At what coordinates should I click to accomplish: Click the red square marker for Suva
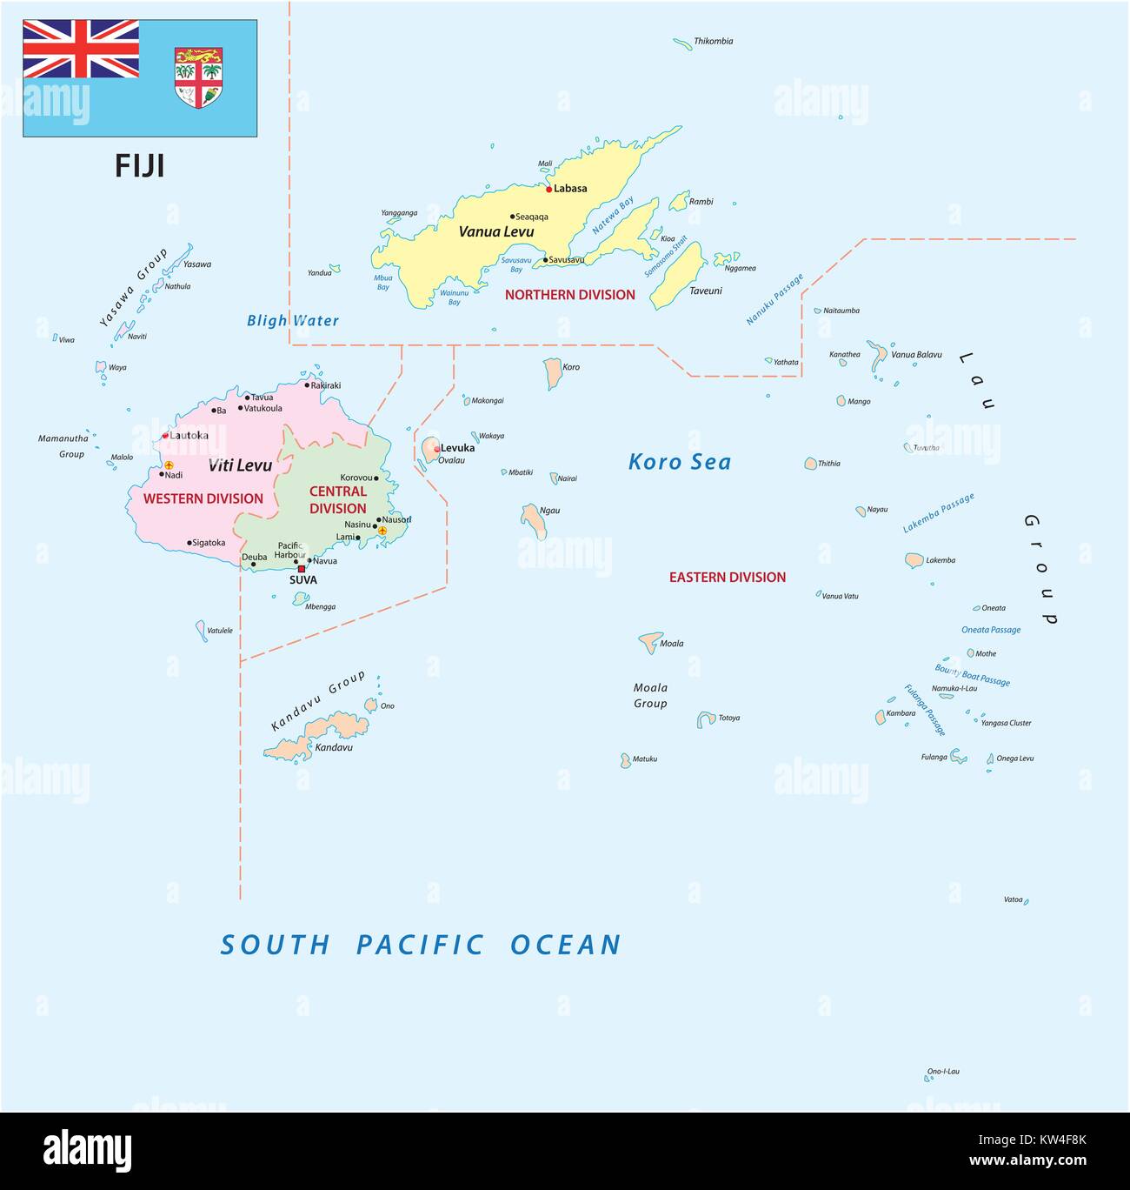(302, 569)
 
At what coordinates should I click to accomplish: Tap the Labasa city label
(570, 188)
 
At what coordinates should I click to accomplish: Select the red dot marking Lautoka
(165, 436)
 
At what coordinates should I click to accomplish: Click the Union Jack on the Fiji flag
(81, 49)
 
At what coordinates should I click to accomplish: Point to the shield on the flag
(198, 77)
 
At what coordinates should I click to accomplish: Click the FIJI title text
(139, 165)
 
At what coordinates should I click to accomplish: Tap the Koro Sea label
(679, 462)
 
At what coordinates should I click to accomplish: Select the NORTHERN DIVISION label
(569, 295)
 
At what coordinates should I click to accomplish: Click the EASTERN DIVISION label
(727, 577)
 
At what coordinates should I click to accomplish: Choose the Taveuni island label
(705, 291)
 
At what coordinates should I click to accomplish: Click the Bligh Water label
(293, 320)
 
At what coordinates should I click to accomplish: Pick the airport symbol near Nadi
(169, 465)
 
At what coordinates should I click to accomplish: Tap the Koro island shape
(553, 373)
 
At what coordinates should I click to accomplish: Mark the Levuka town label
(457, 448)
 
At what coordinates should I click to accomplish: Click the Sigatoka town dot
(189, 543)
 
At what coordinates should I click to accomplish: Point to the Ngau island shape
(534, 519)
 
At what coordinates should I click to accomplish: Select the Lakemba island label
(940, 560)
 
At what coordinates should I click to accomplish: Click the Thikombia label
(713, 41)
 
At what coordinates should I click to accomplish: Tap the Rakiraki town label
(325, 384)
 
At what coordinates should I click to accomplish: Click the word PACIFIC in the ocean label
(420, 945)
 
